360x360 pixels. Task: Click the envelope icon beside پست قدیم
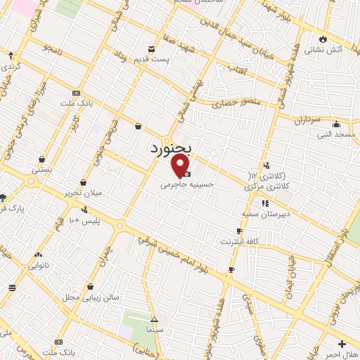coord(152,49)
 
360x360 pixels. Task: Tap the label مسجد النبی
coord(332,134)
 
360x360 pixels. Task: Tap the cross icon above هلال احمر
coord(342,344)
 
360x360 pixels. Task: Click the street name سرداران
coord(308,121)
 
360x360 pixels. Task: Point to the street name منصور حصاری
coord(237,103)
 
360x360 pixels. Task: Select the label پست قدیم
coord(153,60)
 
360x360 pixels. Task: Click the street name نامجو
coord(53,48)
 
